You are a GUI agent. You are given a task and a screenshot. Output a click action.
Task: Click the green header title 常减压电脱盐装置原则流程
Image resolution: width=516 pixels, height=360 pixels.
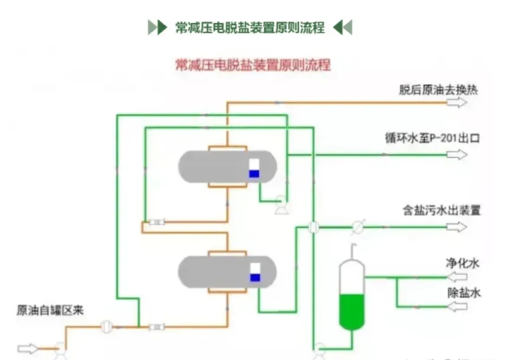click(x=250, y=27)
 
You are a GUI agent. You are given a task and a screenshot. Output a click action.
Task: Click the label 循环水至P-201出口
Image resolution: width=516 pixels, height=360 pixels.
click(x=432, y=138)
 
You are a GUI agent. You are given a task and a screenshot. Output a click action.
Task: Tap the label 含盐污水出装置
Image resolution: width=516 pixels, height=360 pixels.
click(x=441, y=210)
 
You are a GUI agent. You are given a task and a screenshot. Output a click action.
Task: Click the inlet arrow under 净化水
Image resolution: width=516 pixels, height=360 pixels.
click(x=457, y=277)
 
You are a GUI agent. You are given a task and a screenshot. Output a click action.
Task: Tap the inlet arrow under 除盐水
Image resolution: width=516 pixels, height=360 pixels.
click(x=457, y=307)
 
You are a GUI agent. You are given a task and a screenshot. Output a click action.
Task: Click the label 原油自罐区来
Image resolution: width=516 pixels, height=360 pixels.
click(x=50, y=311)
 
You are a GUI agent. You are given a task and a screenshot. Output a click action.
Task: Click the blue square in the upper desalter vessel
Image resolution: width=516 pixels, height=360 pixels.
click(x=254, y=174)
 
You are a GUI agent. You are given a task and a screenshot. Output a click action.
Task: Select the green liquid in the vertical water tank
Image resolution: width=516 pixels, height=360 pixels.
click(x=352, y=310)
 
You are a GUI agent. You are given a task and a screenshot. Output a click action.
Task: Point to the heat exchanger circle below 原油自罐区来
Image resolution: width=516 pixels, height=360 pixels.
click(x=106, y=327)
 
